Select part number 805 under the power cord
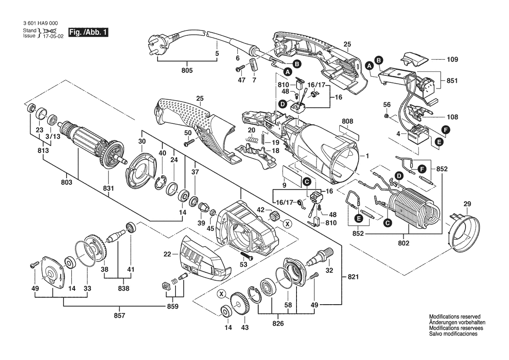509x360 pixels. pyautogui.click(x=187, y=71)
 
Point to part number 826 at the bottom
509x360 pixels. pyautogui.click(x=278, y=323)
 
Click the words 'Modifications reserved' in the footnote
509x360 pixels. pyautogui.click(x=455, y=316)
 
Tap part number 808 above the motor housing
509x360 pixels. pyautogui.click(x=347, y=121)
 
